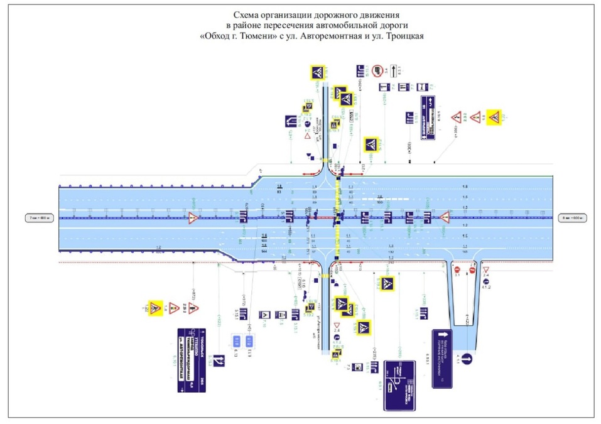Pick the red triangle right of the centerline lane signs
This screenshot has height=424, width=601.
(445, 218)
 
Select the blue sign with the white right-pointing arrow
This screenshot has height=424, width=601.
(442, 357)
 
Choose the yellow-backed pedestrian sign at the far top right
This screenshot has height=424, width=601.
(494, 117)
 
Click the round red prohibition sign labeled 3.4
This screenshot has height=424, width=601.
(377, 70)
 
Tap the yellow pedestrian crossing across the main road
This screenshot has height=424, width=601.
(338, 217)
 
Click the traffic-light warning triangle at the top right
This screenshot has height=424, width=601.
(476, 117)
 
